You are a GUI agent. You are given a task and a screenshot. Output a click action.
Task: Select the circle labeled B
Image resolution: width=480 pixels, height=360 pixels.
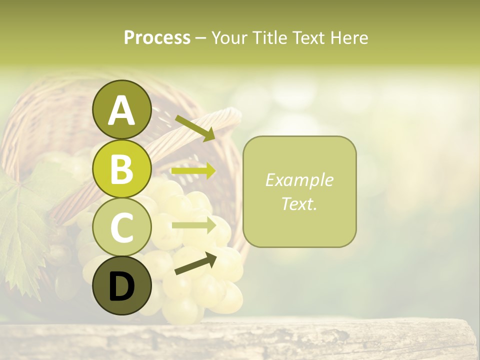coord(121,169)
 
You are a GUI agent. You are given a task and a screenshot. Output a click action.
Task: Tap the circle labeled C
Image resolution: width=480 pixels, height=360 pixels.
coord(121,227)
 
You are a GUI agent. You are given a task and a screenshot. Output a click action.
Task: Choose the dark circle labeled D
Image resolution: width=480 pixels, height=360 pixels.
coord(121,285)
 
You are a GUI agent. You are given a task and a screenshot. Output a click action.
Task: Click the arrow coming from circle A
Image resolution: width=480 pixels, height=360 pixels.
coord(194,128)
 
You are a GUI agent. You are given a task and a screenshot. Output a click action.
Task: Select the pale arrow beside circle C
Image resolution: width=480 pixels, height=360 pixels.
coord(193,225)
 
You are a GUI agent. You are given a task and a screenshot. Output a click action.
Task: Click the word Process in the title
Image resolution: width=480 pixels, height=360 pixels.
coord(157,37)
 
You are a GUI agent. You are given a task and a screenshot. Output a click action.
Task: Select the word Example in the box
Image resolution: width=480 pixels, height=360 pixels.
coord(299,180)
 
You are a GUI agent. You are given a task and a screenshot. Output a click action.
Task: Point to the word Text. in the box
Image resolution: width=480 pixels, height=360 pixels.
coord(299,203)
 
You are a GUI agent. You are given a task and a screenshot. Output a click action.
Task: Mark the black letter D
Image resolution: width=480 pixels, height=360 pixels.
coord(121,286)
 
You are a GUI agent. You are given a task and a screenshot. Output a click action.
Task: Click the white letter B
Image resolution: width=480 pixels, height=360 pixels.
coord(121,169)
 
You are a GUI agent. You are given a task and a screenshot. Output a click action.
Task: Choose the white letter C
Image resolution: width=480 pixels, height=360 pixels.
coord(121,227)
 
